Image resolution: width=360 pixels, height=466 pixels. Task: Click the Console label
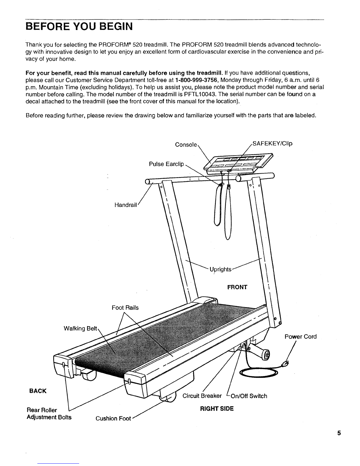186,145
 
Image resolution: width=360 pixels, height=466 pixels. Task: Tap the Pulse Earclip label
166,164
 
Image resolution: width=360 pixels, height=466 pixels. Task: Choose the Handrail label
126,205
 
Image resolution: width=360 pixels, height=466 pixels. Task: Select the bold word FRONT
237,287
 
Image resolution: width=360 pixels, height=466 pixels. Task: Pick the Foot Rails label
125,308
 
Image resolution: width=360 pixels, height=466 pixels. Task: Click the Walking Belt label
80,328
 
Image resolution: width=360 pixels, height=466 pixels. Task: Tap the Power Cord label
301,337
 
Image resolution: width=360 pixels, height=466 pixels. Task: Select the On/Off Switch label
249,396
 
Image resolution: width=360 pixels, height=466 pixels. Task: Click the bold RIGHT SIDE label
217,409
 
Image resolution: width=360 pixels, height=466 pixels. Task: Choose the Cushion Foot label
113,418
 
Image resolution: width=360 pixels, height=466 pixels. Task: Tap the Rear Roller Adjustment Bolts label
49,414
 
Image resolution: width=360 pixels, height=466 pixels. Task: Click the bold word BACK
38,391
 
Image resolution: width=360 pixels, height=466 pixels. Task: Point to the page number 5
339,433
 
